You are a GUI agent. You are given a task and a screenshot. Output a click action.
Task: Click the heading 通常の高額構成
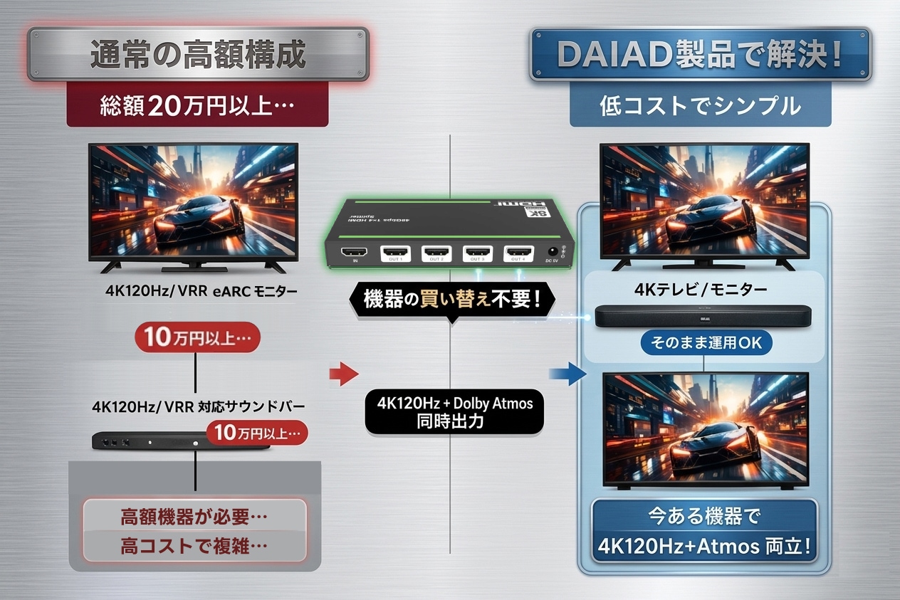pos(198,56)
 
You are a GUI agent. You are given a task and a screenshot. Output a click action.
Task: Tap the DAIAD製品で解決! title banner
pos(700,56)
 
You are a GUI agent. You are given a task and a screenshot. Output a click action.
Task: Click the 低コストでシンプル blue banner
pos(700,107)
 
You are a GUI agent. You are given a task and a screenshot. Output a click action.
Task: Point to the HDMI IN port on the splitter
pos(354,253)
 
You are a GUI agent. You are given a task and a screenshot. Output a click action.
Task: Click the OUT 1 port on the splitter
pos(395,253)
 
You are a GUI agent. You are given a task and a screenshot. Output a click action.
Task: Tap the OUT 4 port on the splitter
pos(518,253)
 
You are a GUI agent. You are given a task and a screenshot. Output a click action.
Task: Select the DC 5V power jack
pos(551,251)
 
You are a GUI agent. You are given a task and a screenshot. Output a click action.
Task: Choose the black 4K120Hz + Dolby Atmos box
pos(454,411)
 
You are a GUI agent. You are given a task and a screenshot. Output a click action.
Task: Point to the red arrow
pos(344,373)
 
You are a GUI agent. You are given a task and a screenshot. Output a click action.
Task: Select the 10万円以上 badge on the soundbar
pos(256,431)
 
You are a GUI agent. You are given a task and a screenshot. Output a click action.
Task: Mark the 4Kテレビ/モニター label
pos(701,290)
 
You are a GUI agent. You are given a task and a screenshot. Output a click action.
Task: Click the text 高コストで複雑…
pos(194,547)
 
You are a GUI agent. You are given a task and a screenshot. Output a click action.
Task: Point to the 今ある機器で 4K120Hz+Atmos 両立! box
pos(703,531)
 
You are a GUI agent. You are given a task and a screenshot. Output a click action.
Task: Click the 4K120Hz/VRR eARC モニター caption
pos(199,291)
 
